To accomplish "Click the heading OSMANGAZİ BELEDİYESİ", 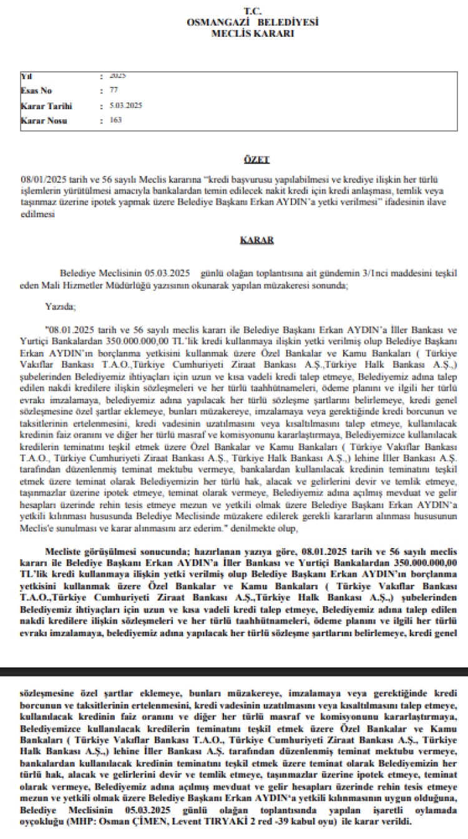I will [253, 22].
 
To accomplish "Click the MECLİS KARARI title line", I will [253, 33].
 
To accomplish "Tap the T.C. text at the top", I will [253, 11].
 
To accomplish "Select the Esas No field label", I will [36, 91].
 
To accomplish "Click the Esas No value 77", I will [113, 91].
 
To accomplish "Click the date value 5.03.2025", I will [125, 105].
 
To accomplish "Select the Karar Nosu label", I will [42, 120].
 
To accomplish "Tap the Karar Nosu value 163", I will [115, 120].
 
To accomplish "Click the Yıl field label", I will [26, 76].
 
